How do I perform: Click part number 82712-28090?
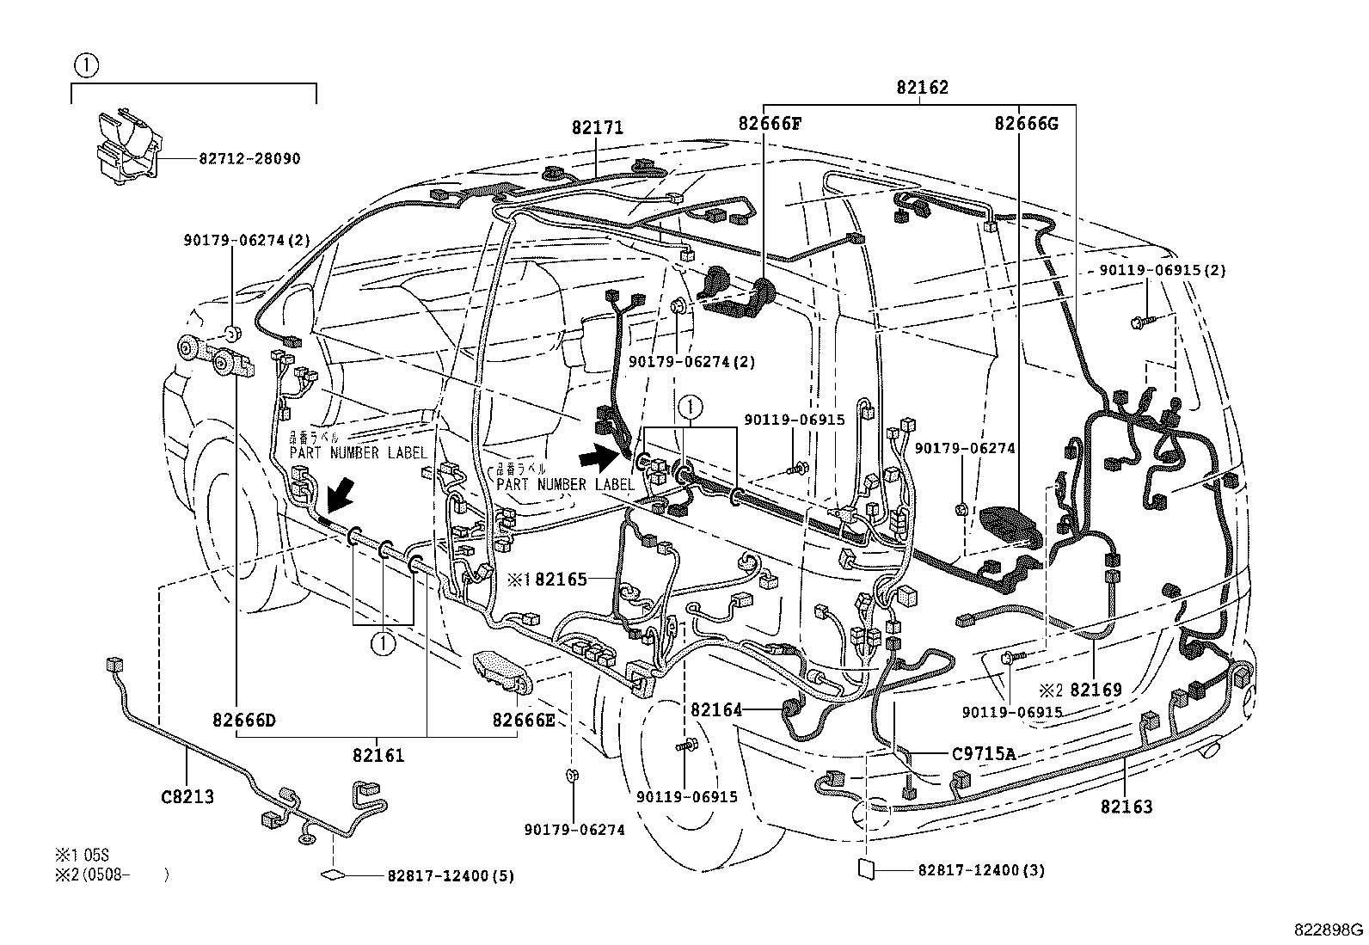coord(249,159)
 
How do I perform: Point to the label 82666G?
coord(1026,123)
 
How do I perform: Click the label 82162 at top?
coord(922,87)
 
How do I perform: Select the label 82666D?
coord(244,720)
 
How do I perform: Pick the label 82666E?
coord(524,720)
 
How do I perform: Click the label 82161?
coord(378,756)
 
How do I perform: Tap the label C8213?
coord(187,796)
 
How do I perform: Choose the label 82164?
coord(715,709)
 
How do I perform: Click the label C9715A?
coord(984,754)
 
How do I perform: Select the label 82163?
coord(1126,806)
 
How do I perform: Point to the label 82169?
coord(1096,690)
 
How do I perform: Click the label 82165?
coord(560,580)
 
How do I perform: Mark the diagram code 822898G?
coord(1329,930)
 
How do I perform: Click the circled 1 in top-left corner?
coord(85,64)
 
